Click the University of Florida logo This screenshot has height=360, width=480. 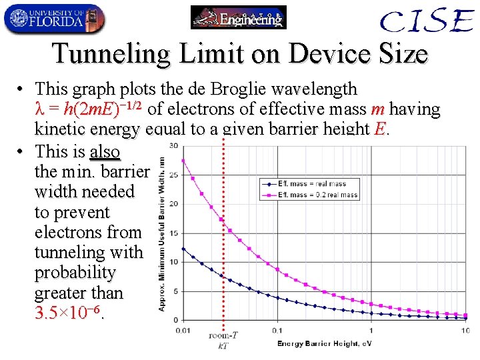coord(53,19)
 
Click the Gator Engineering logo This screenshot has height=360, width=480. coord(239,17)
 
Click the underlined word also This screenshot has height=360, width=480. coord(105,151)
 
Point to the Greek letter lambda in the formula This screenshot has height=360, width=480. coord(39,109)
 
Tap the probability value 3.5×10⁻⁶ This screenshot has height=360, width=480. coord(69,313)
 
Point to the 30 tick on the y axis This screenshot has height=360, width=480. coord(173,145)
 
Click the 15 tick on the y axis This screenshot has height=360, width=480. coord(173,233)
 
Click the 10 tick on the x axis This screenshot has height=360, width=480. coord(465,331)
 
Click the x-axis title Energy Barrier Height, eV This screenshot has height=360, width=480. coord(324,343)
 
